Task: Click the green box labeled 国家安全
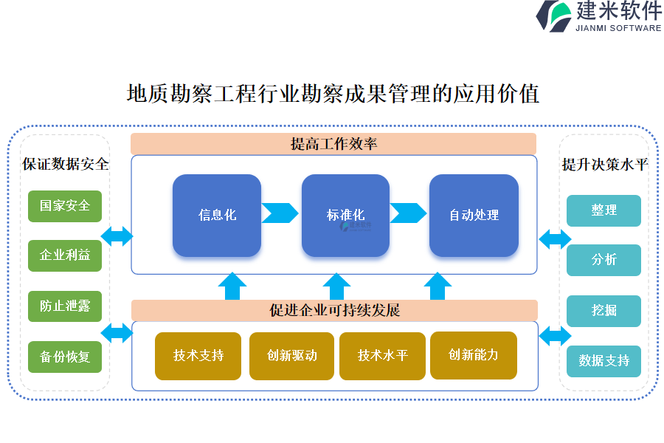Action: click(x=65, y=206)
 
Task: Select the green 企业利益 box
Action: click(x=65, y=255)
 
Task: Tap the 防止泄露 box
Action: click(x=65, y=306)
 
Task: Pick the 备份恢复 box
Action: click(x=65, y=357)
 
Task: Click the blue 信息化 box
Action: click(x=217, y=216)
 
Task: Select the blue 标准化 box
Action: click(x=345, y=216)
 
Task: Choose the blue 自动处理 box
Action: click(x=474, y=216)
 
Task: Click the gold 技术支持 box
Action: click(x=198, y=356)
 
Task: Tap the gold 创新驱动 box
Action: click(x=292, y=356)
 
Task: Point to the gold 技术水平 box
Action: click(x=382, y=356)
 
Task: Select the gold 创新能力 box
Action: click(x=473, y=355)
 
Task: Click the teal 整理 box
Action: click(x=604, y=210)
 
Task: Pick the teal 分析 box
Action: click(x=604, y=260)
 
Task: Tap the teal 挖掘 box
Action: click(x=604, y=311)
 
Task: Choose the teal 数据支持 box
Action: click(x=604, y=361)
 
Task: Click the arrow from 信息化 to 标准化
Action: click(x=280, y=213)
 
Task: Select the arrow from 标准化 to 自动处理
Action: click(x=408, y=213)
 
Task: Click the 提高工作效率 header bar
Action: click(x=333, y=144)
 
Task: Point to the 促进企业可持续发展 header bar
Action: click(x=334, y=310)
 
